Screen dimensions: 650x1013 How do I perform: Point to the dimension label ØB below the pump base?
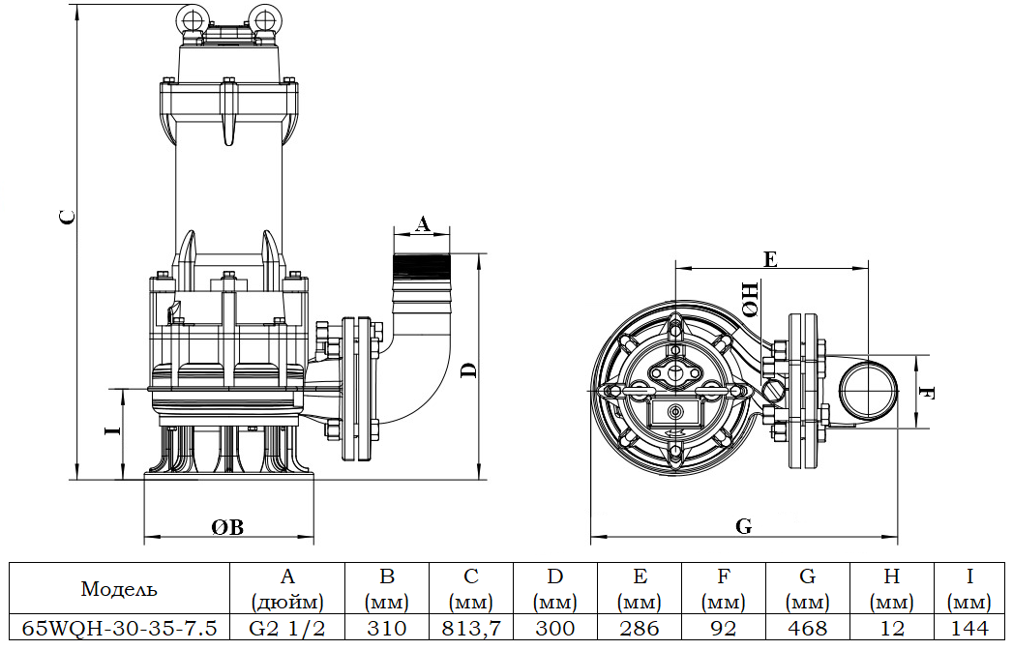(x=227, y=527)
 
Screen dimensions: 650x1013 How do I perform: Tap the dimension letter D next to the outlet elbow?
(x=468, y=370)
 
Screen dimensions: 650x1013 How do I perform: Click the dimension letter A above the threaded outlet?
(x=423, y=224)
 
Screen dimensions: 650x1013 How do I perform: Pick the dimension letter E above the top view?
(x=770, y=258)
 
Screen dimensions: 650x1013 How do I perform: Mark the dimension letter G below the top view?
(x=743, y=527)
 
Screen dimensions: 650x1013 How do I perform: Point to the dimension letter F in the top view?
(x=927, y=393)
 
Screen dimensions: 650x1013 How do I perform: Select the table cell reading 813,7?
(x=470, y=628)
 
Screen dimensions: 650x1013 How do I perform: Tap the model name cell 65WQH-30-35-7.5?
(x=119, y=628)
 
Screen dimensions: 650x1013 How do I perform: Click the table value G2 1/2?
(x=286, y=628)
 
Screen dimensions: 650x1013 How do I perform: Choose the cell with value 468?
(x=807, y=628)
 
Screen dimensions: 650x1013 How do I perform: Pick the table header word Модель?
(x=119, y=588)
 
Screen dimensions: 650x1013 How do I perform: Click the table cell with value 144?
(x=970, y=628)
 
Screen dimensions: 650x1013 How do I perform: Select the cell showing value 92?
(x=723, y=628)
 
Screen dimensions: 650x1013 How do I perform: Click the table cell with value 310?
(x=387, y=628)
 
